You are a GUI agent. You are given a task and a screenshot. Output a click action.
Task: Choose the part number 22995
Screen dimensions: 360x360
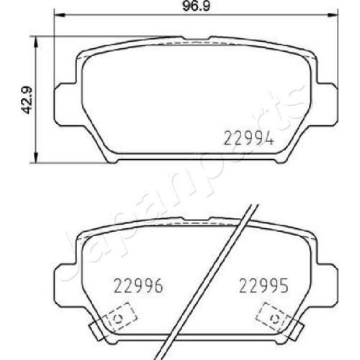[x=264, y=286]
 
